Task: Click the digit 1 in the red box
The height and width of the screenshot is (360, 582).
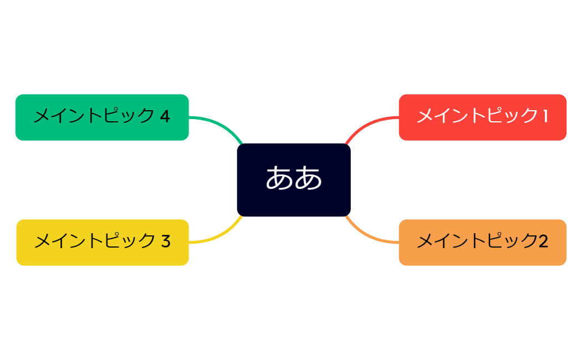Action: tap(545, 116)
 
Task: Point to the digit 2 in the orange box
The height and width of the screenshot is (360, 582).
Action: tap(543, 241)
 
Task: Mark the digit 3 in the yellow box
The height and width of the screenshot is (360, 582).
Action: tap(166, 241)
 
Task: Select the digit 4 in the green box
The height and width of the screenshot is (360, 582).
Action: tap(165, 116)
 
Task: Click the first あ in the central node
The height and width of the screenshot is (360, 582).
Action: tap(279, 178)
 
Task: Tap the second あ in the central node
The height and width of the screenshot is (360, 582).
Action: tap(308, 178)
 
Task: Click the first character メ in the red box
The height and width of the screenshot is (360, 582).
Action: tap(425, 116)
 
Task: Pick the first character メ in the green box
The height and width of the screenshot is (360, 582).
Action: tap(42, 116)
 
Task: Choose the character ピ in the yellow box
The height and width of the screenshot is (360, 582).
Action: tap(113, 241)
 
